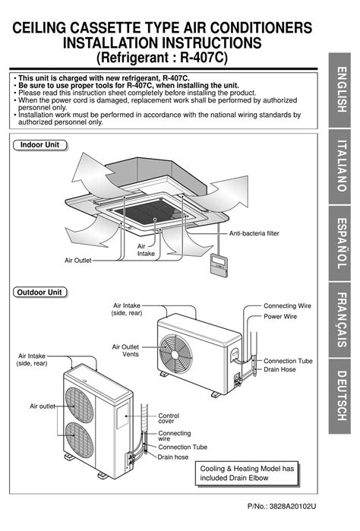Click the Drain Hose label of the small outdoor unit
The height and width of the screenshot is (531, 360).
click(280, 369)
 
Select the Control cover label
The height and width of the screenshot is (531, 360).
click(169, 419)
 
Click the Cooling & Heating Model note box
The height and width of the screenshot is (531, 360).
click(247, 474)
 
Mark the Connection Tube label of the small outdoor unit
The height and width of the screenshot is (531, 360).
click(288, 360)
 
